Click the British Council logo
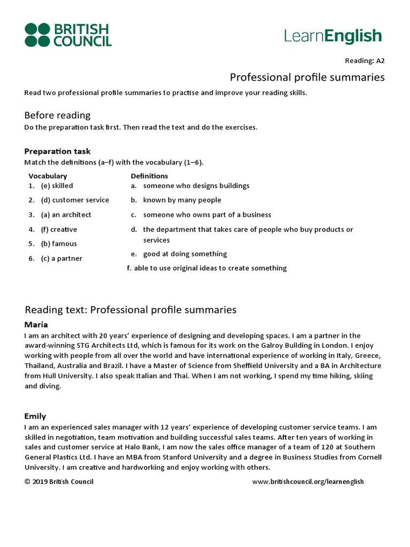point(68,35)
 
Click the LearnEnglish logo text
point(333,36)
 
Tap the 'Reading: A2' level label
point(366,60)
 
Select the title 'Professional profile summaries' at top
point(307,77)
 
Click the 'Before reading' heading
point(57,115)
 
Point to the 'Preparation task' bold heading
point(57,151)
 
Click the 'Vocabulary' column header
point(48,176)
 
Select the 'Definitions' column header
point(149,176)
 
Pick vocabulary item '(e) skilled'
point(57,185)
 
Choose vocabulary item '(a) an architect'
point(66,215)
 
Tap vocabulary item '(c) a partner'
point(61,259)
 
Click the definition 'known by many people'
point(182,200)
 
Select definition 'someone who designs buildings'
point(196,185)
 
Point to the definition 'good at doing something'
point(185,254)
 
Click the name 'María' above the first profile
point(35,324)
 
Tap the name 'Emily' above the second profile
point(35,416)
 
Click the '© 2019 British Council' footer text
point(59,481)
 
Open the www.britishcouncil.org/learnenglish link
point(307,481)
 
